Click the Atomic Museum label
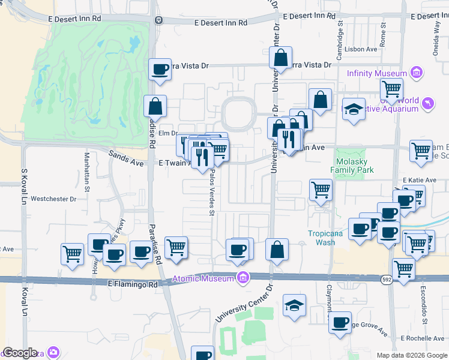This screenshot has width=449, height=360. pyautogui.click(x=204, y=278)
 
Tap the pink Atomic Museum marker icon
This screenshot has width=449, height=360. pyautogui.click(x=243, y=278)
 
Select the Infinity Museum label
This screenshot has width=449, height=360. pyautogui.click(x=377, y=73)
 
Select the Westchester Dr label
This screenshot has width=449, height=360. pyautogui.click(x=53, y=199)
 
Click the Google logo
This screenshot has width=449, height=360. pyautogui.click(x=20, y=353)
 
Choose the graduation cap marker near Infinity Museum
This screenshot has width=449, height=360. pyautogui.click(x=354, y=110)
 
